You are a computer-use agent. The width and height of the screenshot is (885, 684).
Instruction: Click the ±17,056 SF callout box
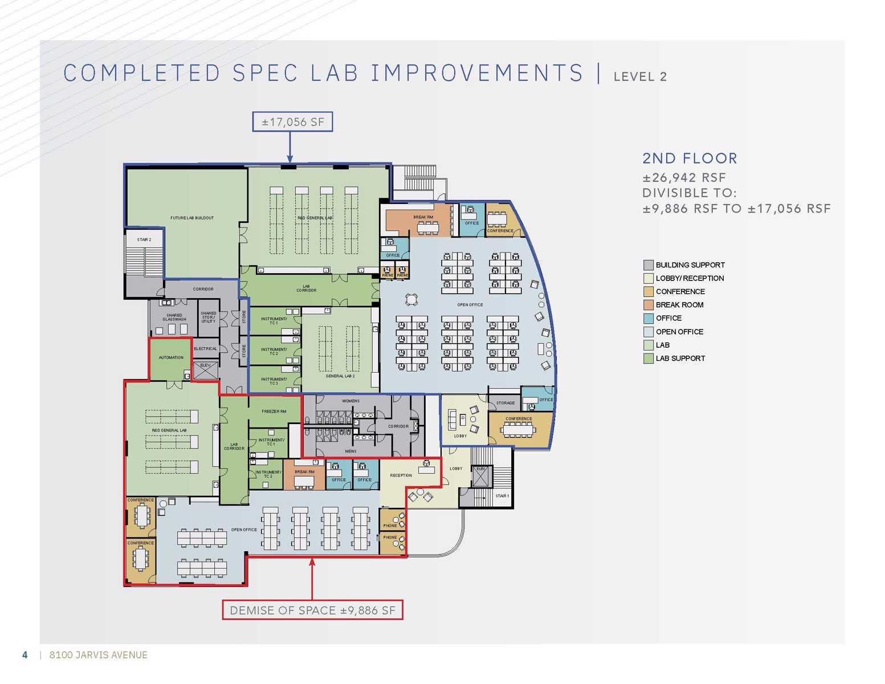tap(292, 122)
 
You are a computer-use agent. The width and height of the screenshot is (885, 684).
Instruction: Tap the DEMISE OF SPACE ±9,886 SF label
tap(312, 610)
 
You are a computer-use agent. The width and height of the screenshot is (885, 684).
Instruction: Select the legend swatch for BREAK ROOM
tap(648, 305)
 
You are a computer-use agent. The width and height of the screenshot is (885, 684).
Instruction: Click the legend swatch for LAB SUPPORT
tap(648, 359)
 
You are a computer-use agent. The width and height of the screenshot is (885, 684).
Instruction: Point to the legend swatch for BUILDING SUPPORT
tap(648, 265)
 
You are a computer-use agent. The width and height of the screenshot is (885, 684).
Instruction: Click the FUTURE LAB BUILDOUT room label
tap(192, 218)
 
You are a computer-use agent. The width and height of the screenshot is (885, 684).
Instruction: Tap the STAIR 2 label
tap(144, 239)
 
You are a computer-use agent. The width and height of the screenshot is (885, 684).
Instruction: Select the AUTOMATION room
tap(171, 358)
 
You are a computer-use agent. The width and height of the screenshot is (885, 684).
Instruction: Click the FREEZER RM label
tap(274, 411)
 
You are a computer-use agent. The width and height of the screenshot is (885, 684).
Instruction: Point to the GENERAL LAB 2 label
tap(340, 376)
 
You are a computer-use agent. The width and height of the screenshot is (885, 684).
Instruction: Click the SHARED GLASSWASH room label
tap(174, 317)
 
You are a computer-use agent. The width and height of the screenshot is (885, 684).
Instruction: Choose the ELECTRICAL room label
tap(205, 348)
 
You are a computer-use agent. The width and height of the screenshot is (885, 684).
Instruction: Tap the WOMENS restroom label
tap(350, 401)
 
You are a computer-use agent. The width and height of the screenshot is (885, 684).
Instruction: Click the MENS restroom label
tap(350, 451)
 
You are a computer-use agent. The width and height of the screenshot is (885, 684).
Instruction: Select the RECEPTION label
tap(401, 475)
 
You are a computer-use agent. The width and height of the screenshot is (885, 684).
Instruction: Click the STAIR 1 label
tap(501, 496)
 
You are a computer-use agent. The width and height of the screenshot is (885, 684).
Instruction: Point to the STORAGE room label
tap(505, 403)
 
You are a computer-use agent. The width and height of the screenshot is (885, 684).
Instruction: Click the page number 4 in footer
tap(25, 655)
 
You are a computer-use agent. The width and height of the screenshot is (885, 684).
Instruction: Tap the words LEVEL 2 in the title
tap(640, 76)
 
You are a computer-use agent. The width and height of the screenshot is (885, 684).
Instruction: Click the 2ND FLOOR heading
tap(690, 158)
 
